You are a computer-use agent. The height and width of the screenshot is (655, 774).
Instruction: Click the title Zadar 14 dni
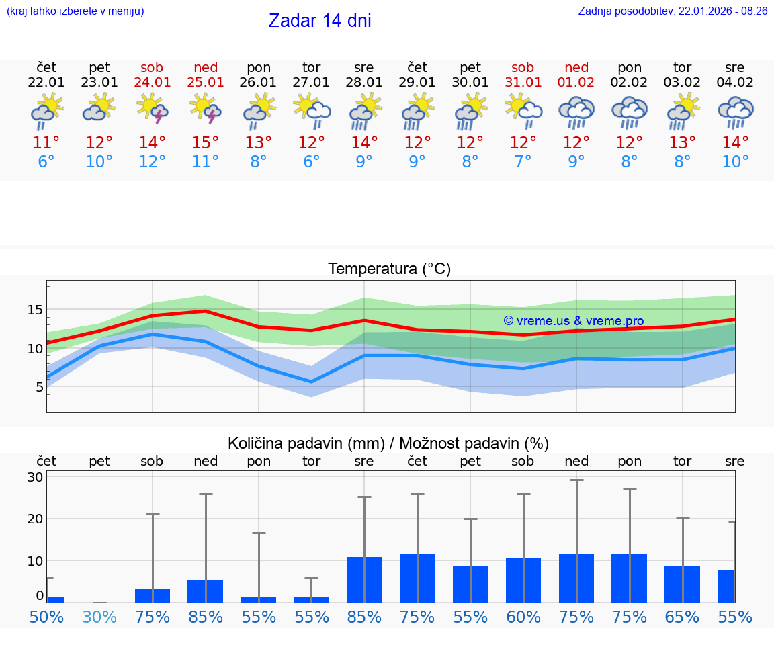tap(320, 21)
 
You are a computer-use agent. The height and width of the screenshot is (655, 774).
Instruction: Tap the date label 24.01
tap(153, 83)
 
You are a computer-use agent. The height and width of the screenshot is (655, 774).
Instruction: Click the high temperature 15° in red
tap(206, 143)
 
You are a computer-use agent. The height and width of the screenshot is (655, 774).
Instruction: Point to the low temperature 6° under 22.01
tap(46, 162)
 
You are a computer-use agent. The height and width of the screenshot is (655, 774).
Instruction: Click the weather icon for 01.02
tap(576, 112)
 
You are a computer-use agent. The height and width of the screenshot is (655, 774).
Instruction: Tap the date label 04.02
tap(735, 83)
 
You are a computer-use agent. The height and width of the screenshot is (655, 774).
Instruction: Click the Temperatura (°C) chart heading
tap(389, 269)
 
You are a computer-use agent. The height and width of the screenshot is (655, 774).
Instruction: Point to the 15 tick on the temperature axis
tap(35, 310)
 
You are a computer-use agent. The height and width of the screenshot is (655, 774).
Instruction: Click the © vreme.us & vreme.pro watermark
tap(573, 321)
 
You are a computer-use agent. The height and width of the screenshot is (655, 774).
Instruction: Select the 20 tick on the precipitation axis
tap(35, 519)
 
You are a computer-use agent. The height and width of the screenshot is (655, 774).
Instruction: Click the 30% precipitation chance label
tap(99, 617)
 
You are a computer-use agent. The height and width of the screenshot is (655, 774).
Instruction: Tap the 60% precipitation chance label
tap(523, 617)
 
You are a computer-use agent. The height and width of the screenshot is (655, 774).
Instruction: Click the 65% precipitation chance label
tap(682, 617)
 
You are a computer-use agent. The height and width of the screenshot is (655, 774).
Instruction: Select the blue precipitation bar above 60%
tap(523, 580)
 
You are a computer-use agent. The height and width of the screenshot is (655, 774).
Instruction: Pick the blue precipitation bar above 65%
tap(682, 584)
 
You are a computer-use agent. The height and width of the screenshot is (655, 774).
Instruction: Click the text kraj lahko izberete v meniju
tap(75, 11)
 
